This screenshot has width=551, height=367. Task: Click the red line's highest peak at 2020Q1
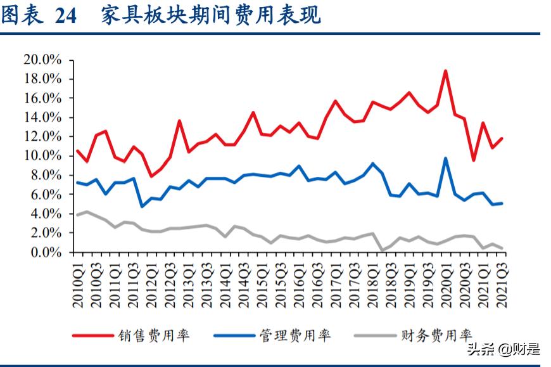coord(446,71)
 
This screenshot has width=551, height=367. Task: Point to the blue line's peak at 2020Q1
coord(446,158)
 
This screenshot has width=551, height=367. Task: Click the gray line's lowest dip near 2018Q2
coord(382,250)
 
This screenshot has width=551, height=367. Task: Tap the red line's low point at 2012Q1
coord(151,176)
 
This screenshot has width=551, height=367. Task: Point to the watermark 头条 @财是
coord(503,349)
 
